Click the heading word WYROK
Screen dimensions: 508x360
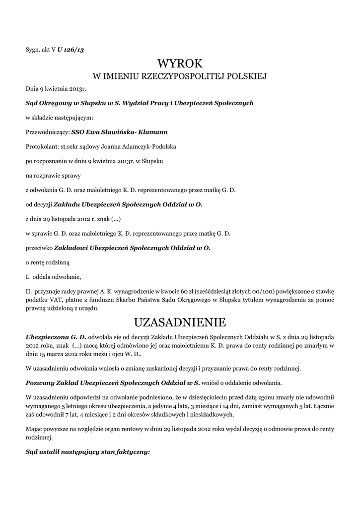180,63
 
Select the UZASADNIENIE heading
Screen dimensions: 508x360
180,322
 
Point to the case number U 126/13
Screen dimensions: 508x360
71,50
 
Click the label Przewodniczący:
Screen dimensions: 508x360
48,132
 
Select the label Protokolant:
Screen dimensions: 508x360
42,147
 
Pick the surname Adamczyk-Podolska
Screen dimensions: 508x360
148,147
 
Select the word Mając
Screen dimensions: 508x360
35,428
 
